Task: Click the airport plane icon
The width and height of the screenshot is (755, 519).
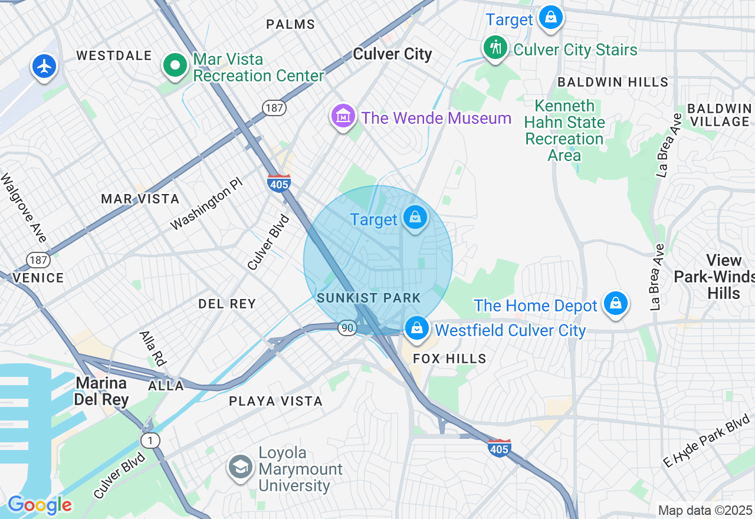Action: click(44, 66)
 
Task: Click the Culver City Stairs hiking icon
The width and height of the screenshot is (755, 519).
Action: click(495, 47)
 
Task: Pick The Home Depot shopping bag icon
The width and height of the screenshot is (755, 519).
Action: click(616, 303)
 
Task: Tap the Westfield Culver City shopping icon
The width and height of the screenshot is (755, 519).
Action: click(417, 329)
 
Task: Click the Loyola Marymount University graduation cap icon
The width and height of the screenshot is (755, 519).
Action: click(241, 467)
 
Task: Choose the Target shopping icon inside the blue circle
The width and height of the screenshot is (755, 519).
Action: click(416, 218)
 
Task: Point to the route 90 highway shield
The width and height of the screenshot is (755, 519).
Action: click(346, 327)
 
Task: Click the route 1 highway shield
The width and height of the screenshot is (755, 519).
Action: click(151, 440)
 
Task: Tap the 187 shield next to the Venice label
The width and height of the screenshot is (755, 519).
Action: click(38, 259)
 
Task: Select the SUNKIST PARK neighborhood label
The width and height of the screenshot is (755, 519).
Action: click(369, 298)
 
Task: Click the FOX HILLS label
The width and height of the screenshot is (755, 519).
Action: click(449, 359)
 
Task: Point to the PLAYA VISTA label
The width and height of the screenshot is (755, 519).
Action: click(276, 402)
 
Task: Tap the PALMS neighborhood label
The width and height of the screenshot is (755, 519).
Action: click(290, 24)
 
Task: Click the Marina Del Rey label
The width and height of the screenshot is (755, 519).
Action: click(101, 391)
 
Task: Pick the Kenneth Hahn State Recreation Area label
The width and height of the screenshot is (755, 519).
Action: click(564, 130)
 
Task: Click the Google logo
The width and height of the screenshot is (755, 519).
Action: click(40, 505)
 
